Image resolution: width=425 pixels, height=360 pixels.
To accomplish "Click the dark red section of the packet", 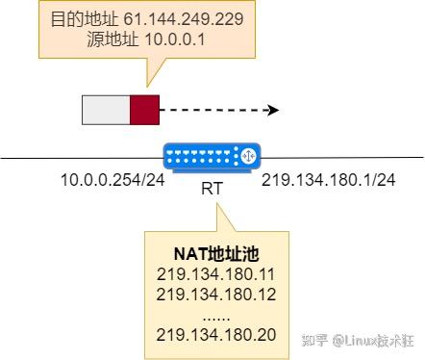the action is [143, 110].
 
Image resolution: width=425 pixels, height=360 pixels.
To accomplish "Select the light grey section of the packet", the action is [106, 110].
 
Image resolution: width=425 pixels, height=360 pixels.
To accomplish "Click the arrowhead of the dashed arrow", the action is [273, 110].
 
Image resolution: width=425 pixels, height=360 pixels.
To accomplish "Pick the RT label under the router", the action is [212, 189].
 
